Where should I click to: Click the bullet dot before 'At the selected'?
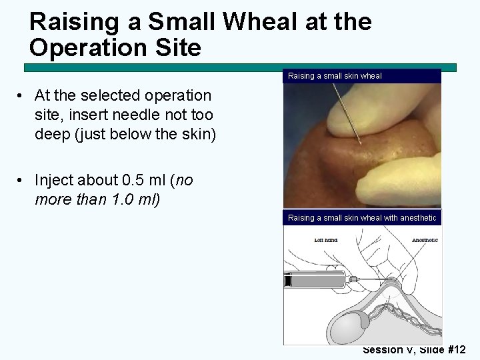(x=21, y=97)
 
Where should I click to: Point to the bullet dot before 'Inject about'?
(x=21, y=181)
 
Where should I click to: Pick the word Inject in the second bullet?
(x=55, y=181)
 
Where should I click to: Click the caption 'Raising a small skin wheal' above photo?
(x=335, y=76)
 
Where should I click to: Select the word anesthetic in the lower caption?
(x=417, y=218)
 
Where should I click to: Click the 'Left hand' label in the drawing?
(x=325, y=239)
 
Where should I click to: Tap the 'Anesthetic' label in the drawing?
(x=424, y=239)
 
